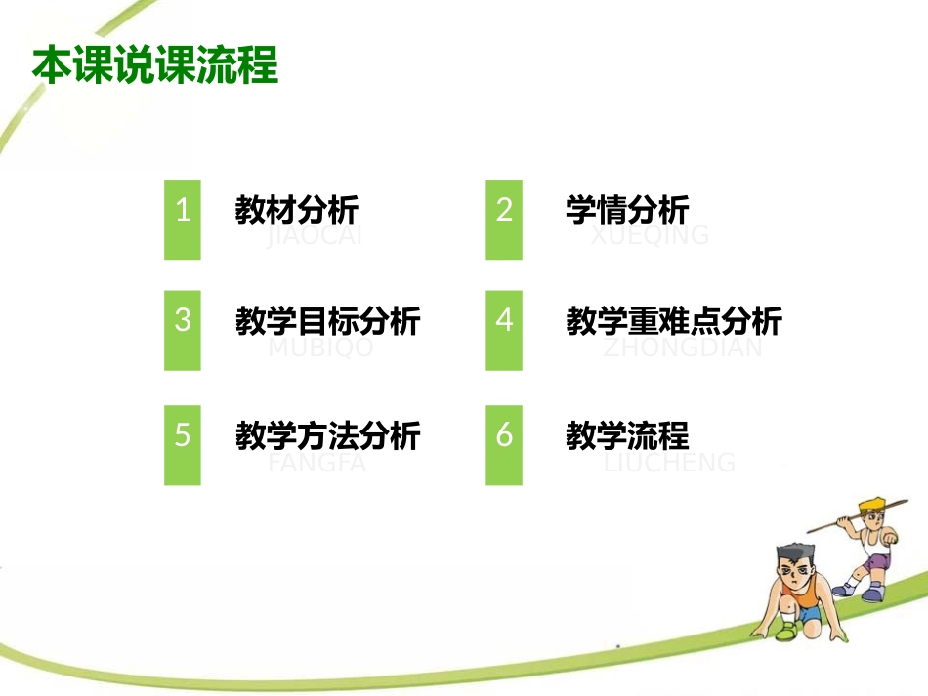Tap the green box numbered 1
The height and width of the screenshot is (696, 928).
pyautogui.click(x=182, y=220)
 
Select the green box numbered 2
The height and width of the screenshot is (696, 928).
pyautogui.click(x=504, y=220)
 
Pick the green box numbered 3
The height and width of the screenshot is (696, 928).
pyautogui.click(x=182, y=330)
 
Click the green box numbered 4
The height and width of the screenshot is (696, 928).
pyautogui.click(x=504, y=330)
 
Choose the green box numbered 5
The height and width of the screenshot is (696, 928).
pyautogui.click(x=182, y=445)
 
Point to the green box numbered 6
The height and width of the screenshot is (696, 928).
pyautogui.click(x=504, y=445)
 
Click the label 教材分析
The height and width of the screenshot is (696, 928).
pyautogui.click(x=297, y=209)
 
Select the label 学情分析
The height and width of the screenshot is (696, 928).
pyautogui.click(x=627, y=209)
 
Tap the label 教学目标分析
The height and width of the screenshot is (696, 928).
pyautogui.click(x=328, y=320)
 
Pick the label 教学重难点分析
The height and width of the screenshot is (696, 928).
pyautogui.click(x=674, y=320)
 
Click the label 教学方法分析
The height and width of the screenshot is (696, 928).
pyautogui.click(x=328, y=434)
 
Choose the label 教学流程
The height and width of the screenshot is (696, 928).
pyautogui.click(x=627, y=434)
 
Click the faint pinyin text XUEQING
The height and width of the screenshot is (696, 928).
pyautogui.click(x=650, y=235)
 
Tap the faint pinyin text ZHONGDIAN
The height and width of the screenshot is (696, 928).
pyautogui.click(x=683, y=348)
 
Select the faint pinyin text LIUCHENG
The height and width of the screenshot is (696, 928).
pyautogui.click(x=669, y=462)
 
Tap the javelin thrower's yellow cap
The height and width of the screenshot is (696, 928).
pyautogui.click(x=870, y=505)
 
